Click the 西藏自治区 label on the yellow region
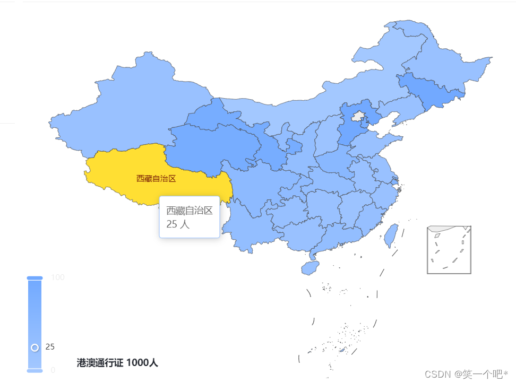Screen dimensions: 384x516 click(156, 178)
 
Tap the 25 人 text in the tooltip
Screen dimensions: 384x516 click(178, 224)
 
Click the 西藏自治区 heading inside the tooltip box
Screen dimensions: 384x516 click(190, 211)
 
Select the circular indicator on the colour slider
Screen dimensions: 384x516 click(35, 347)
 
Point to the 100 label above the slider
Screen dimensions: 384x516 click(58, 277)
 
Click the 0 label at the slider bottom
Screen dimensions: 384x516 click(53, 370)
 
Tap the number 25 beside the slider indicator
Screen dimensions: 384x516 click(50, 347)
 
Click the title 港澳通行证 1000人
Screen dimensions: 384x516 click(117, 363)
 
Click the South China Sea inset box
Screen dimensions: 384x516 click(449, 249)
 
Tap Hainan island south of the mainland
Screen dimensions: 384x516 click(309, 267)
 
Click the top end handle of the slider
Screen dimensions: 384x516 click(35, 277)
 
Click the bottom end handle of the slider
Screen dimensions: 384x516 click(35, 370)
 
